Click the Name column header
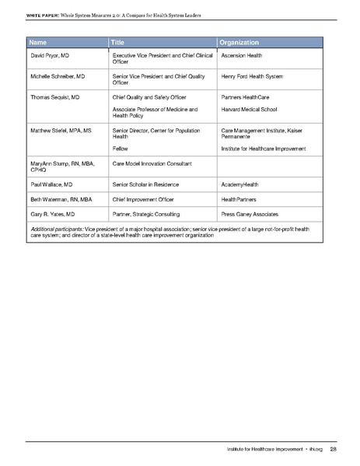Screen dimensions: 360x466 (38, 41)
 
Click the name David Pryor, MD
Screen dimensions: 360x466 (52, 57)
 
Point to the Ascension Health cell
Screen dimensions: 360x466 (246, 57)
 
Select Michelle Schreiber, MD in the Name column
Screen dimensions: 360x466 (62, 77)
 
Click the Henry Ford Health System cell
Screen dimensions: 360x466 (252, 77)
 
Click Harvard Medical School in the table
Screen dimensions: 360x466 (250, 110)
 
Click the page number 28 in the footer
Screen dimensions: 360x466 (332, 449)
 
